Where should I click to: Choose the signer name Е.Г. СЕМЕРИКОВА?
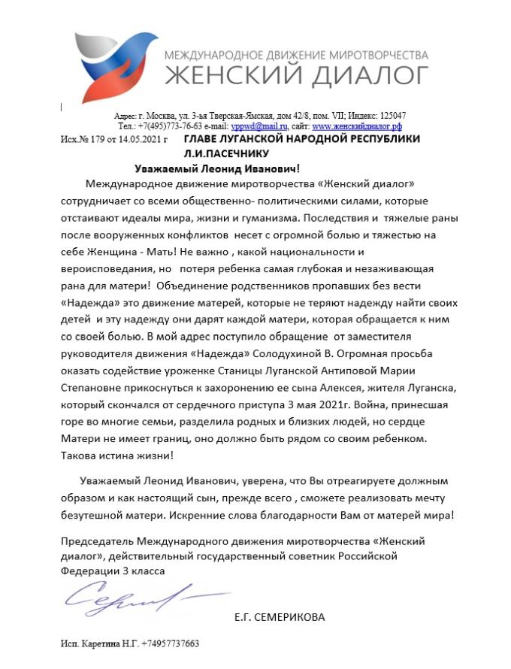click(x=280, y=618)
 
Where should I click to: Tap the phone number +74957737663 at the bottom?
click(x=168, y=644)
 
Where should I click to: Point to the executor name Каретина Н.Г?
click(x=106, y=644)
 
